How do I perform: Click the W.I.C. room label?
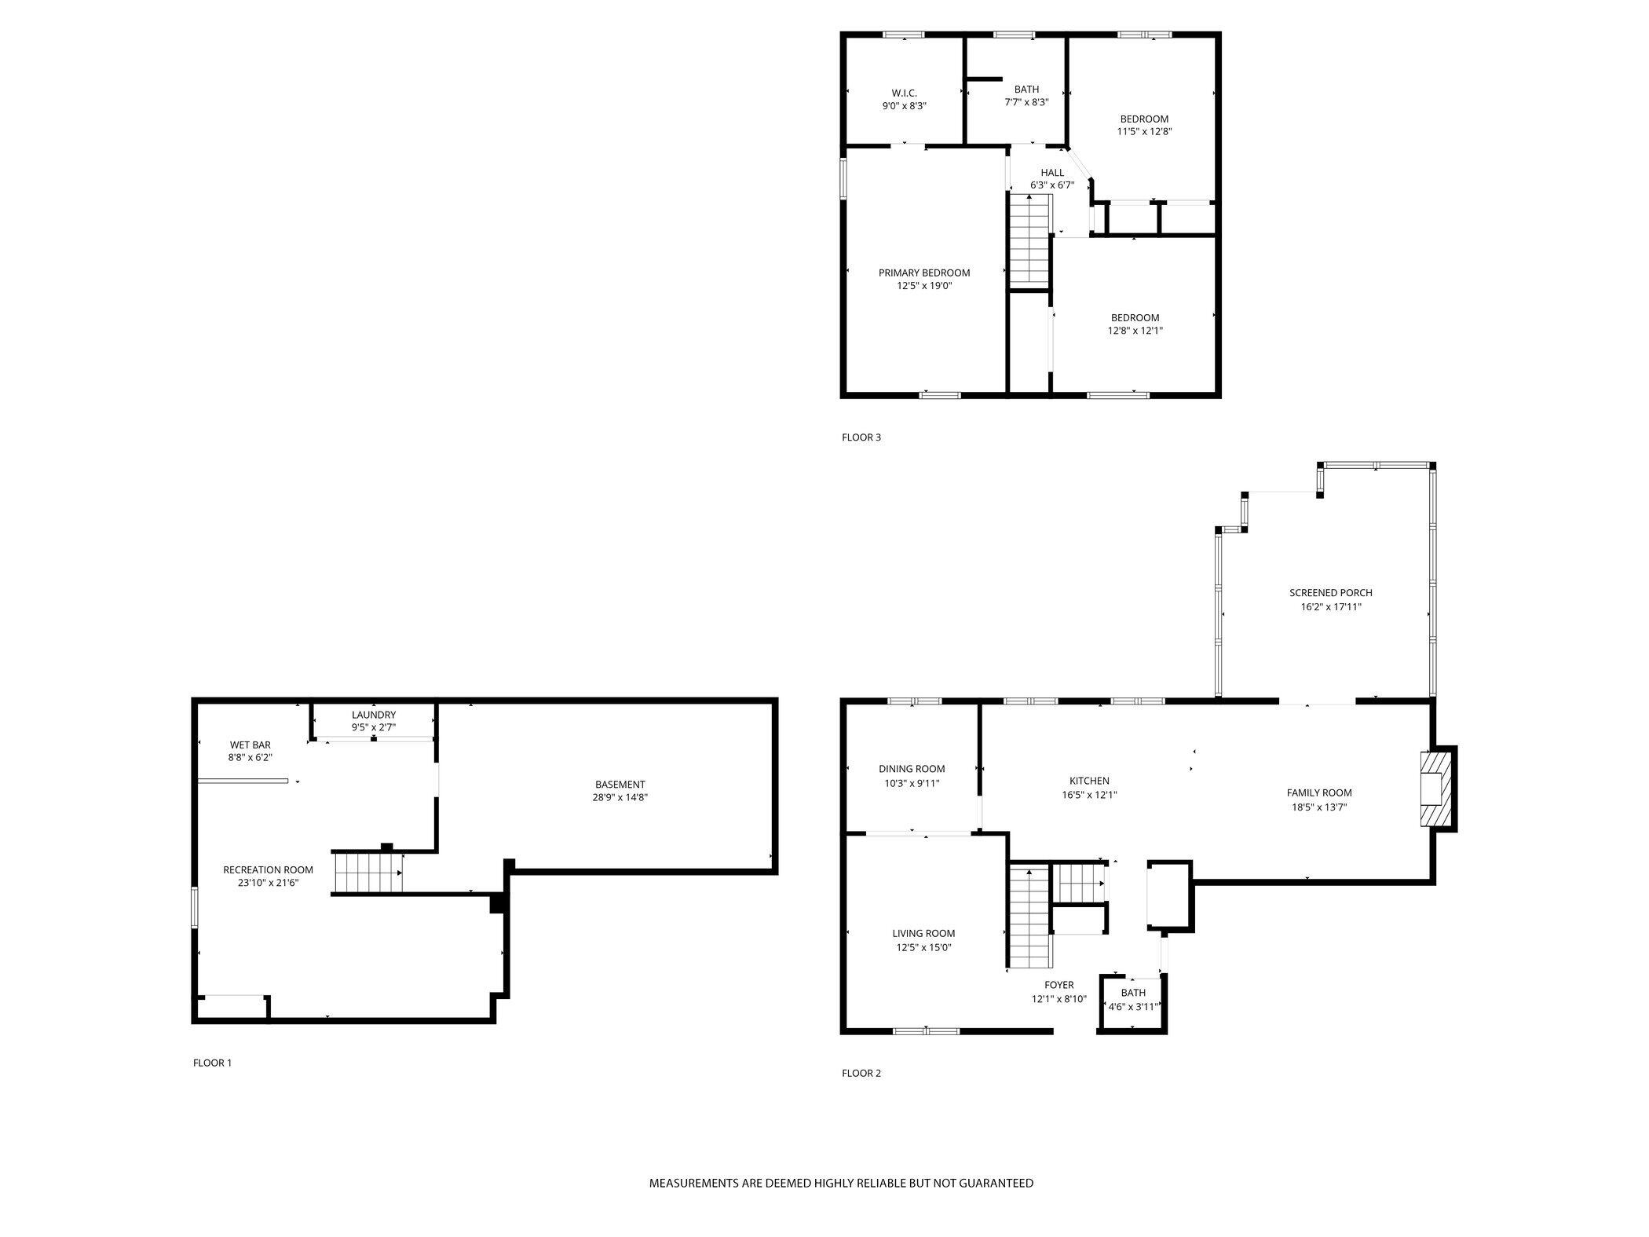click(x=904, y=93)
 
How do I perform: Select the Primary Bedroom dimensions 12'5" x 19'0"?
click(x=924, y=286)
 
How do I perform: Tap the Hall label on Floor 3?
click(x=1052, y=173)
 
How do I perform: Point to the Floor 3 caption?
click(x=861, y=437)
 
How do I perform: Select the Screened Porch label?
click(x=1330, y=593)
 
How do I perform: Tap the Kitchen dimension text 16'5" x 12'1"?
click(x=1089, y=795)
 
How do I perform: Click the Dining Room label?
click(x=912, y=769)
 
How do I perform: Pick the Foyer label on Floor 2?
click(x=1059, y=985)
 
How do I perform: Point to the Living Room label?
click(x=923, y=934)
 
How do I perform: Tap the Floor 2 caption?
click(x=861, y=1073)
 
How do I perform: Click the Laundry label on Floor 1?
click(x=374, y=715)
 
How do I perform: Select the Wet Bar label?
click(x=250, y=745)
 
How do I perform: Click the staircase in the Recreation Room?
click(x=367, y=873)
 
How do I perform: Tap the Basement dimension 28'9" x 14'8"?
click(x=620, y=797)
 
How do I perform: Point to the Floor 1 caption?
click(x=212, y=1063)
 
